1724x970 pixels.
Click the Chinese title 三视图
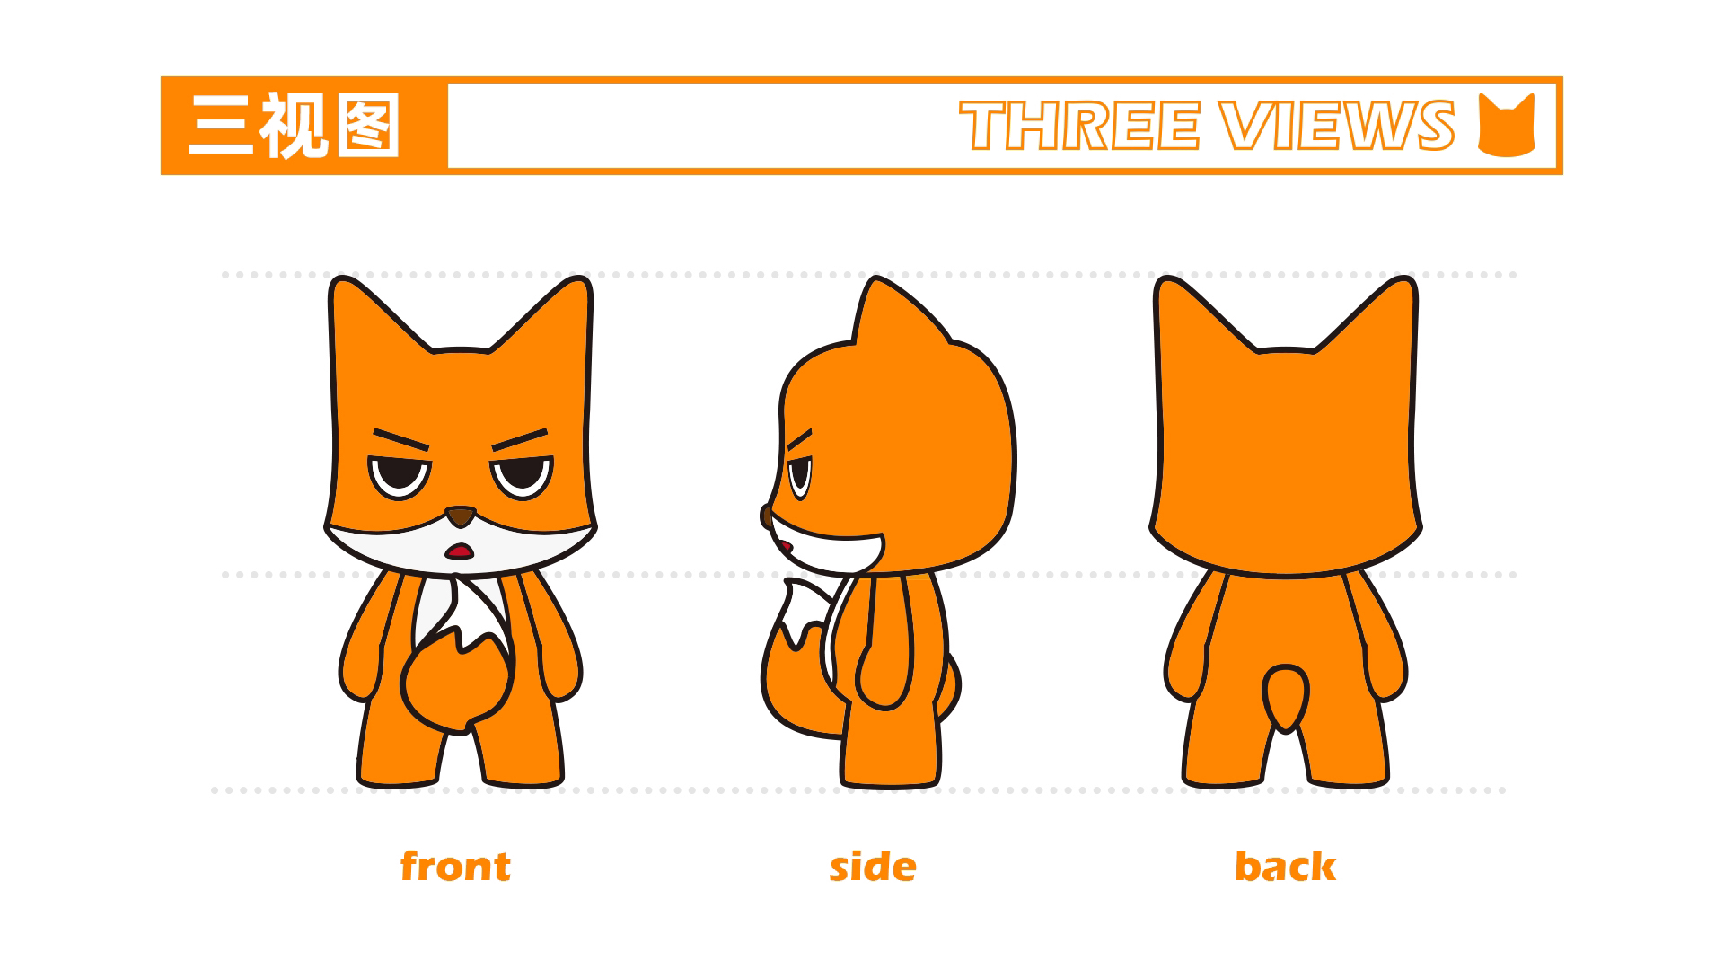[x=294, y=126]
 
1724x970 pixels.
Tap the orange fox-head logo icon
[x=1507, y=126]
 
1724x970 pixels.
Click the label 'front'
[x=455, y=867]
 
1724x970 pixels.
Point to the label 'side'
[x=873, y=868]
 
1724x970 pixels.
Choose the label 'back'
[x=1285, y=867]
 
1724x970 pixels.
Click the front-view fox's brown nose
[x=461, y=516]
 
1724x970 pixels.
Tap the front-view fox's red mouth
[x=461, y=550]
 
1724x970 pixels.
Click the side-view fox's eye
[x=799, y=475]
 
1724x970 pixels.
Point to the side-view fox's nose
[x=766, y=516]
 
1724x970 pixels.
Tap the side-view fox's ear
[x=889, y=314]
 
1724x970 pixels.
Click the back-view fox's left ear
[x=1185, y=314]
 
